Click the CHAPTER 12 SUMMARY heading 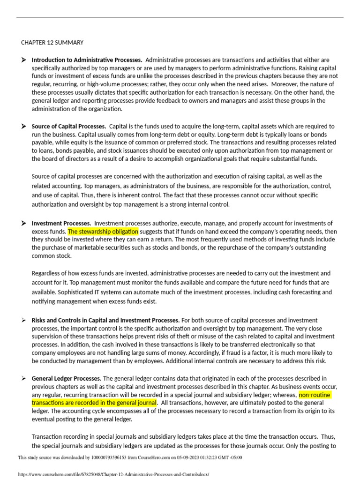pyautogui.click(x=52, y=43)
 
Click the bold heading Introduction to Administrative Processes pyautogui.click(x=87, y=60)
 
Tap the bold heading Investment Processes pyautogui.click(x=61, y=223)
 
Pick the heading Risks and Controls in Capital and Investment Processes pyautogui.click(x=105, y=320)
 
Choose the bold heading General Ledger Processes pyautogui.click(x=66, y=378)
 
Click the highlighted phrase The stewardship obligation pyautogui.click(x=103, y=232)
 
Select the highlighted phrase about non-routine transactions pyautogui.click(x=94, y=399)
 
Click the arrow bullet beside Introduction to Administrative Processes pyautogui.click(x=24, y=60)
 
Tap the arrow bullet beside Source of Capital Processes pyautogui.click(x=24, y=126)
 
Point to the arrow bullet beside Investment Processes pyautogui.click(x=24, y=223)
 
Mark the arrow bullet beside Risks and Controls pyautogui.click(x=24, y=320)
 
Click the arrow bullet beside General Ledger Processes pyautogui.click(x=24, y=378)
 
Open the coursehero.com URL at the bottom pyautogui.click(x=113, y=474)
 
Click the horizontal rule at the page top pyautogui.click(x=180, y=17)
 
